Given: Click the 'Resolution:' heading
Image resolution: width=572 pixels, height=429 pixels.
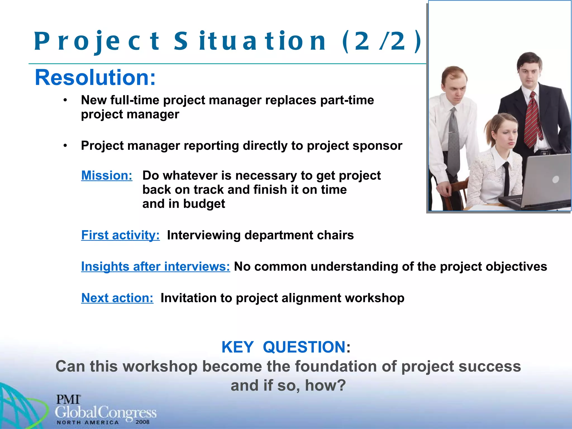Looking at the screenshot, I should pyautogui.click(x=95, y=78).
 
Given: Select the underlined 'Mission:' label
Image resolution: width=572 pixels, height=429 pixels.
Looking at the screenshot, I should pyautogui.click(x=107, y=176).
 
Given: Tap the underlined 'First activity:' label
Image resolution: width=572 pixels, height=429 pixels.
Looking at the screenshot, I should pyautogui.click(x=120, y=235).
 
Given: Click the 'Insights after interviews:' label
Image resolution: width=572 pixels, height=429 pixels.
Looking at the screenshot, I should pyautogui.click(x=156, y=266).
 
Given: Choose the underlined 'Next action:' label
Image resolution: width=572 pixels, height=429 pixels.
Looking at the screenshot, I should pyautogui.click(x=117, y=298).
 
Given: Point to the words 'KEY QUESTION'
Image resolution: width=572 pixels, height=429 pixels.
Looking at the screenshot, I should pyautogui.click(x=283, y=347).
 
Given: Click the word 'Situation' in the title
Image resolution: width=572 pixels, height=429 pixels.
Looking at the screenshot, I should pyautogui.click(x=250, y=41).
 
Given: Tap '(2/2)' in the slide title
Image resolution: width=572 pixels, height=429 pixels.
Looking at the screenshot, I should pyautogui.click(x=382, y=41).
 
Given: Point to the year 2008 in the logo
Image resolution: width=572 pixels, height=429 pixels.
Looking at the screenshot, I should pyautogui.click(x=142, y=422).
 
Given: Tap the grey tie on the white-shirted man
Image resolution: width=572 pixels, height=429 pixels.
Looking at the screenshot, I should pyautogui.click(x=454, y=140).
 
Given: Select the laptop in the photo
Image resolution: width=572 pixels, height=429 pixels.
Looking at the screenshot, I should pyautogui.click(x=542, y=184).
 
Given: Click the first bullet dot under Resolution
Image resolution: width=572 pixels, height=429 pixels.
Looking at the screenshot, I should pyautogui.click(x=65, y=100).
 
